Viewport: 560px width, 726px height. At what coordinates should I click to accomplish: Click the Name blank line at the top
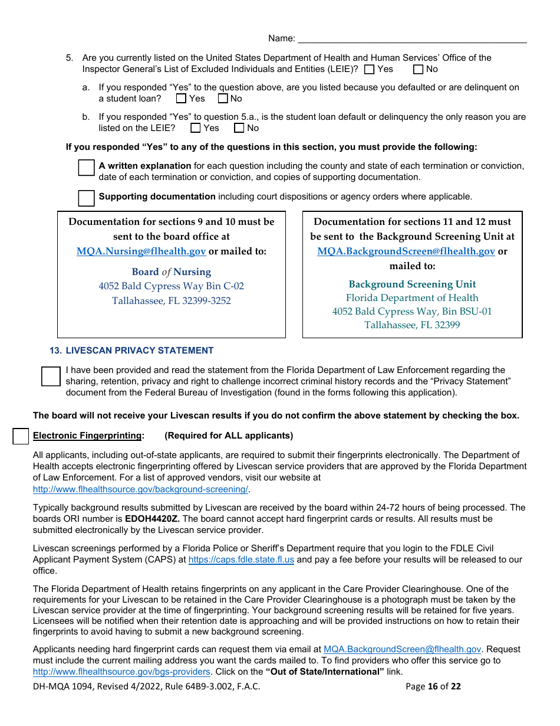click(x=412, y=38)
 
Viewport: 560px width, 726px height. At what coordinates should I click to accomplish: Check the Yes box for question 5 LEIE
click(x=370, y=70)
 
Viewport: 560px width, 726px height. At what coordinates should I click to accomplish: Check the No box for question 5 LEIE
click(x=418, y=70)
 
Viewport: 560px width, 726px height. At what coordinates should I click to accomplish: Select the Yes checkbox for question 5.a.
click(x=181, y=99)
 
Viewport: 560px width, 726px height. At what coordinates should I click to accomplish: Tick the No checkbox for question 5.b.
click(x=239, y=128)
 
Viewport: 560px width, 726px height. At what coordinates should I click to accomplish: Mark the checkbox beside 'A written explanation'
click(x=86, y=168)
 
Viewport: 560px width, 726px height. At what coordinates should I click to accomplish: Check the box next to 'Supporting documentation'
click(x=86, y=198)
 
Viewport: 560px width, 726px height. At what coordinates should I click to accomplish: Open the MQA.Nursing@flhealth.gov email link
click(x=141, y=251)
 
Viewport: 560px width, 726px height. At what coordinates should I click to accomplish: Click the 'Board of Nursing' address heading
click(x=171, y=272)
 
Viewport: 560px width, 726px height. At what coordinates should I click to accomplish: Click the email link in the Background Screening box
click(x=406, y=251)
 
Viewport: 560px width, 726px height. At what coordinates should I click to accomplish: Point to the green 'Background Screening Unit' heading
click(x=412, y=284)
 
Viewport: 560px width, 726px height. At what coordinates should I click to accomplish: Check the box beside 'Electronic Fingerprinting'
click(x=21, y=436)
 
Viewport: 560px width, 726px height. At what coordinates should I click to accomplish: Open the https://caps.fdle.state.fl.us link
click(x=241, y=560)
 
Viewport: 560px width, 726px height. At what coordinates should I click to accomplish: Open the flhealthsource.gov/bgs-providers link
click(x=121, y=672)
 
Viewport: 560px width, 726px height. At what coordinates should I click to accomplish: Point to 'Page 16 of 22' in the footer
click(x=433, y=686)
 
